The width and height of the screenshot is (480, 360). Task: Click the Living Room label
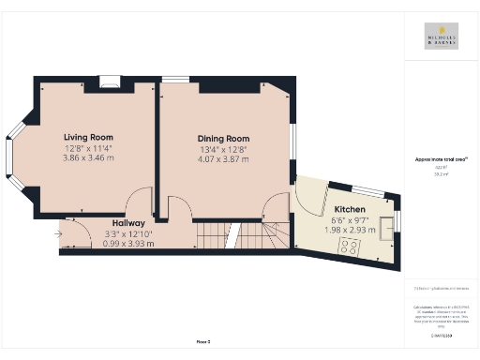point(88,137)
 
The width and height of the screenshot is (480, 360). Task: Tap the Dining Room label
point(223,138)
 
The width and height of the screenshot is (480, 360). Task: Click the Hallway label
point(127,223)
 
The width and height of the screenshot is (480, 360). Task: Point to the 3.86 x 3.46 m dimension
point(88,158)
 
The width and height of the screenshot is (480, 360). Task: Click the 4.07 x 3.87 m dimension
point(223,159)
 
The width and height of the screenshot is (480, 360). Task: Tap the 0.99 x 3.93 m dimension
point(127,244)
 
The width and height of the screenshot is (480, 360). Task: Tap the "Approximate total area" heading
point(441,159)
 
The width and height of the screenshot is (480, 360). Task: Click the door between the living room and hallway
point(139,202)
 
